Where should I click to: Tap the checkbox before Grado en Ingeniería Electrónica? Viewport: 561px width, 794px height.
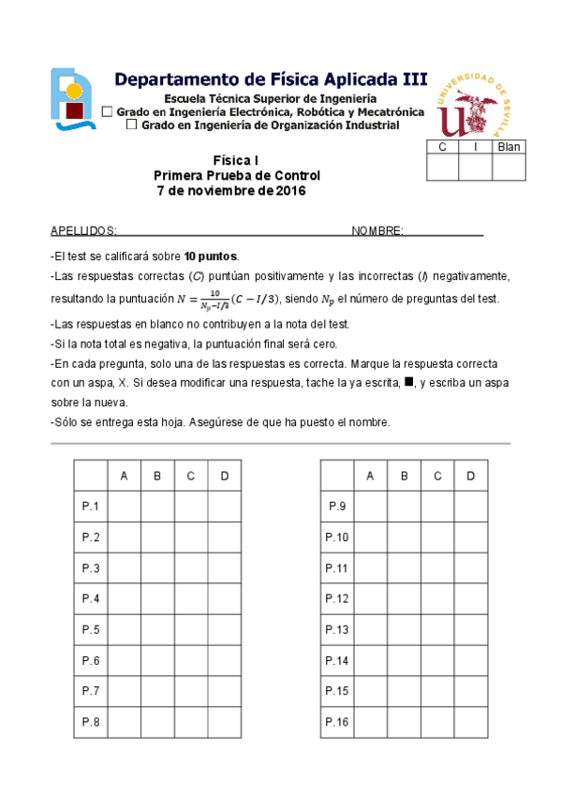pos(106,112)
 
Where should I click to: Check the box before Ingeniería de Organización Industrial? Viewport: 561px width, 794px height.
pos(131,125)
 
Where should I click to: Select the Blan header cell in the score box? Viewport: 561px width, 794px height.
pos(509,147)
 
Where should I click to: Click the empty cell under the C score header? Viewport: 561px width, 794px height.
pos(442,168)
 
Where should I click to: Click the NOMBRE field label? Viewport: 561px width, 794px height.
pos(376,231)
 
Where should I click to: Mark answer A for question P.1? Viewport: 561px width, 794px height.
pos(125,507)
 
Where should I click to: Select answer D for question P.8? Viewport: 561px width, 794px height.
pos(225,722)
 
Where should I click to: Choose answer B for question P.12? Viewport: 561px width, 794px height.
pos(404,598)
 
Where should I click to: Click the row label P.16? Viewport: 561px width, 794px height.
pos(337,722)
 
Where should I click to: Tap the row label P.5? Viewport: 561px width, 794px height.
pos(91,629)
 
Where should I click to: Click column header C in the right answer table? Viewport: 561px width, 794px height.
pos(437,476)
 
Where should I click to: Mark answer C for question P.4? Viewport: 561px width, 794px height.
pos(191,598)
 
